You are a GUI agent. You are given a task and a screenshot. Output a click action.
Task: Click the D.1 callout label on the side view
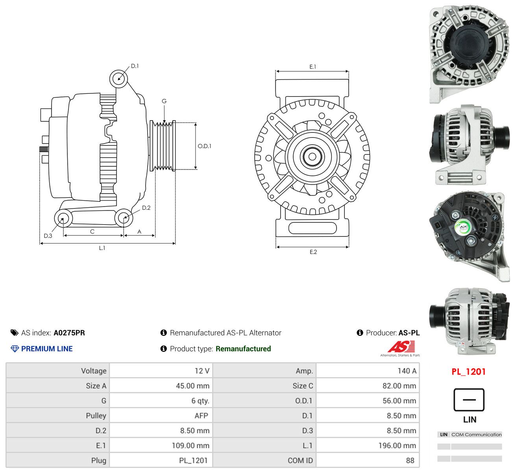coord(135,66)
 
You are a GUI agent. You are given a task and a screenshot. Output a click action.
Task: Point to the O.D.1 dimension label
coord(205,146)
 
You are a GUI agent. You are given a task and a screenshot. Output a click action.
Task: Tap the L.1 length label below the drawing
coord(102,248)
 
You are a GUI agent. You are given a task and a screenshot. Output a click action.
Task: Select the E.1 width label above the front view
coord(312,67)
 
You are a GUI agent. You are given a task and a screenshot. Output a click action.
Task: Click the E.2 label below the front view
coord(313,252)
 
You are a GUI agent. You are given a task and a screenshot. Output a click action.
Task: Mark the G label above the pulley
coord(164,101)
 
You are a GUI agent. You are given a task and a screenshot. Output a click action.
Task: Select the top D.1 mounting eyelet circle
coord(118,78)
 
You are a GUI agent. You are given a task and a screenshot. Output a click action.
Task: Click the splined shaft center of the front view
coord(312,156)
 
